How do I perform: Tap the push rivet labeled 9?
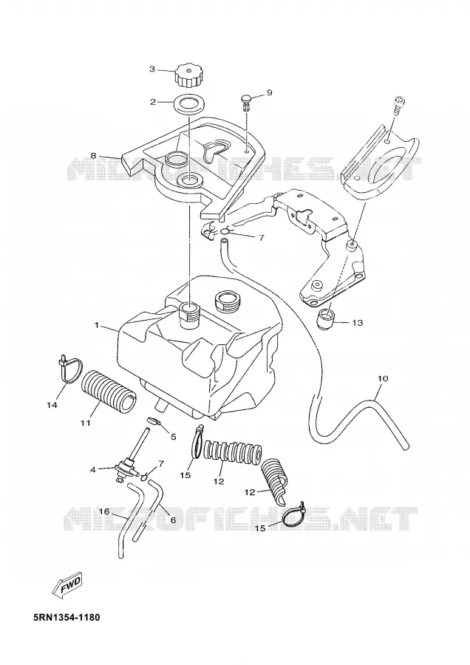(246, 102)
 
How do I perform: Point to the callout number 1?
(96, 325)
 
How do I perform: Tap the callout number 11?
(85, 423)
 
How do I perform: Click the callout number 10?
(383, 378)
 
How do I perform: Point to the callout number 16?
(104, 511)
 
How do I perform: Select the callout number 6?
(173, 519)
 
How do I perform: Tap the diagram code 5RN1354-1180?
(67, 617)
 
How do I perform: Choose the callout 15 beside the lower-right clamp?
(260, 528)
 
